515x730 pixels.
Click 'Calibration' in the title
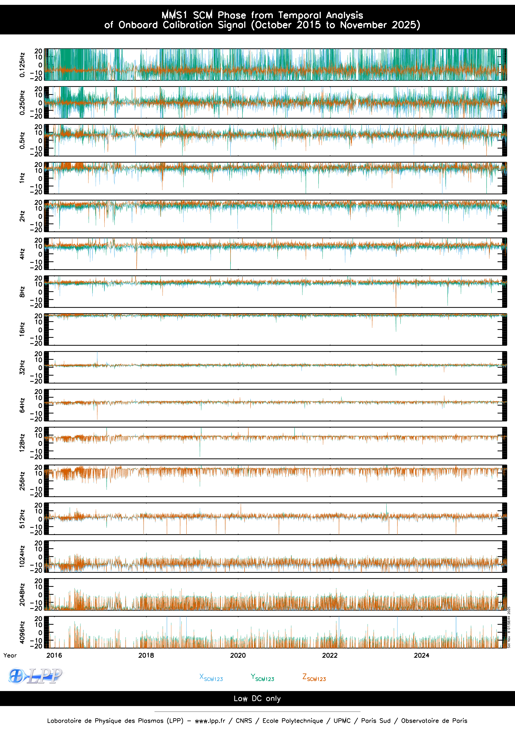(188, 25)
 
